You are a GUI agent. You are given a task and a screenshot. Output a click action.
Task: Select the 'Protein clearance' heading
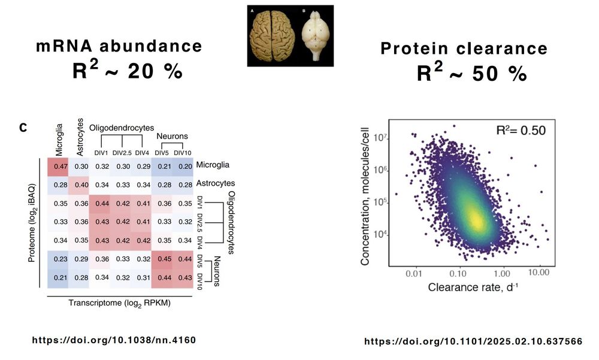click(x=464, y=49)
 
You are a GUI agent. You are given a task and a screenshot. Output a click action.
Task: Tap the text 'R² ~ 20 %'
click(x=127, y=72)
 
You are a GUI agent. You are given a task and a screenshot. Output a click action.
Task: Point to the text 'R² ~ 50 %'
click(x=471, y=73)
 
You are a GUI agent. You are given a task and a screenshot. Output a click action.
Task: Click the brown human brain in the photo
click(x=270, y=35)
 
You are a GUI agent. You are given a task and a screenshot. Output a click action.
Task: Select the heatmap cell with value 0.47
click(x=60, y=166)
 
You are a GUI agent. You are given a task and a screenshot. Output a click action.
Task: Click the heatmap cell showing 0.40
click(x=82, y=183)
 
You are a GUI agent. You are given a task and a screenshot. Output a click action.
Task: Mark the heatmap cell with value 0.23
click(x=60, y=259)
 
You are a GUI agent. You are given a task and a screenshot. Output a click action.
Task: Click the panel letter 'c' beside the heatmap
click(x=23, y=127)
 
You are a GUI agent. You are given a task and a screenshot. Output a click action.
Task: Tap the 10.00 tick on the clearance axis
click(x=540, y=273)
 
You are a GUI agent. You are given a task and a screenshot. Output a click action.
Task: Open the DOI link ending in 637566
click(x=473, y=341)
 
